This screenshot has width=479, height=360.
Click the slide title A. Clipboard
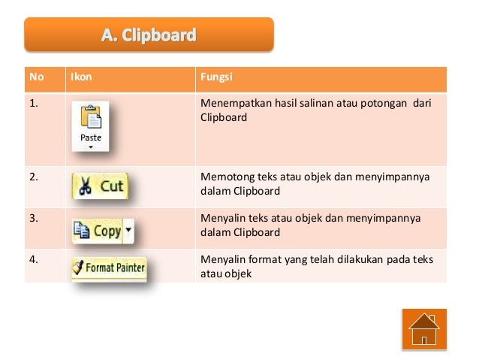[149, 35]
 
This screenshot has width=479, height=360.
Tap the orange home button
[424, 330]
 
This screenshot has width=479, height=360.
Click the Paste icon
[91, 127]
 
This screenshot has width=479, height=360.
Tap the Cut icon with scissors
[101, 186]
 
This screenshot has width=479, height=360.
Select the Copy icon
[102, 230]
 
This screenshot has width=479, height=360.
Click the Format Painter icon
[109, 268]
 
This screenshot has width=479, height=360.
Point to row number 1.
[34, 104]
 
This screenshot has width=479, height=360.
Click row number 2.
[34, 177]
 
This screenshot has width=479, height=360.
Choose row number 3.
[34, 219]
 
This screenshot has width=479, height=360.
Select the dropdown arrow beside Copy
[128, 230]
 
